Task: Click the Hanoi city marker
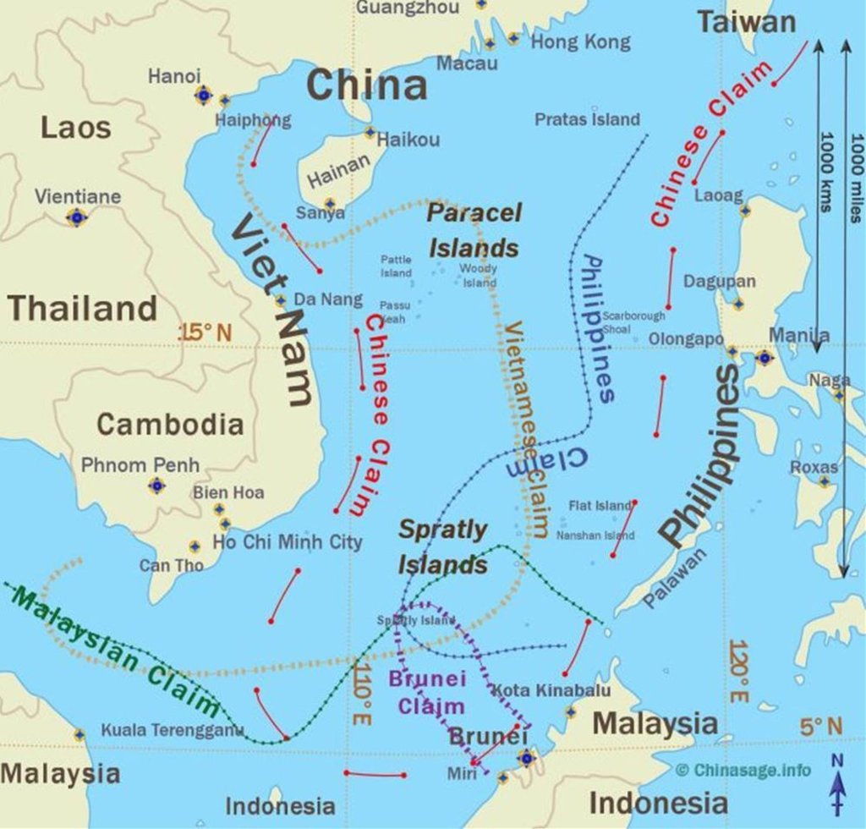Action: [203, 95]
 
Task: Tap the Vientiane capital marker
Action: [77, 217]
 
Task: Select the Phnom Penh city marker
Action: [156, 486]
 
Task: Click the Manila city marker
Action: [765, 358]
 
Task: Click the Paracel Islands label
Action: [474, 230]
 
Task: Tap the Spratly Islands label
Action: [443, 547]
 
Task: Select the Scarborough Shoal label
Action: [633, 321]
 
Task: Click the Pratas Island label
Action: [587, 119]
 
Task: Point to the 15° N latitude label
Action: [205, 332]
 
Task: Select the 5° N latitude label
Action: [820, 726]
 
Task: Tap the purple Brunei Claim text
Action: [427, 692]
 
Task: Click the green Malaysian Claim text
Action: [114, 651]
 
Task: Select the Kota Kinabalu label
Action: [551, 690]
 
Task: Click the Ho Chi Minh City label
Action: [287, 542]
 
